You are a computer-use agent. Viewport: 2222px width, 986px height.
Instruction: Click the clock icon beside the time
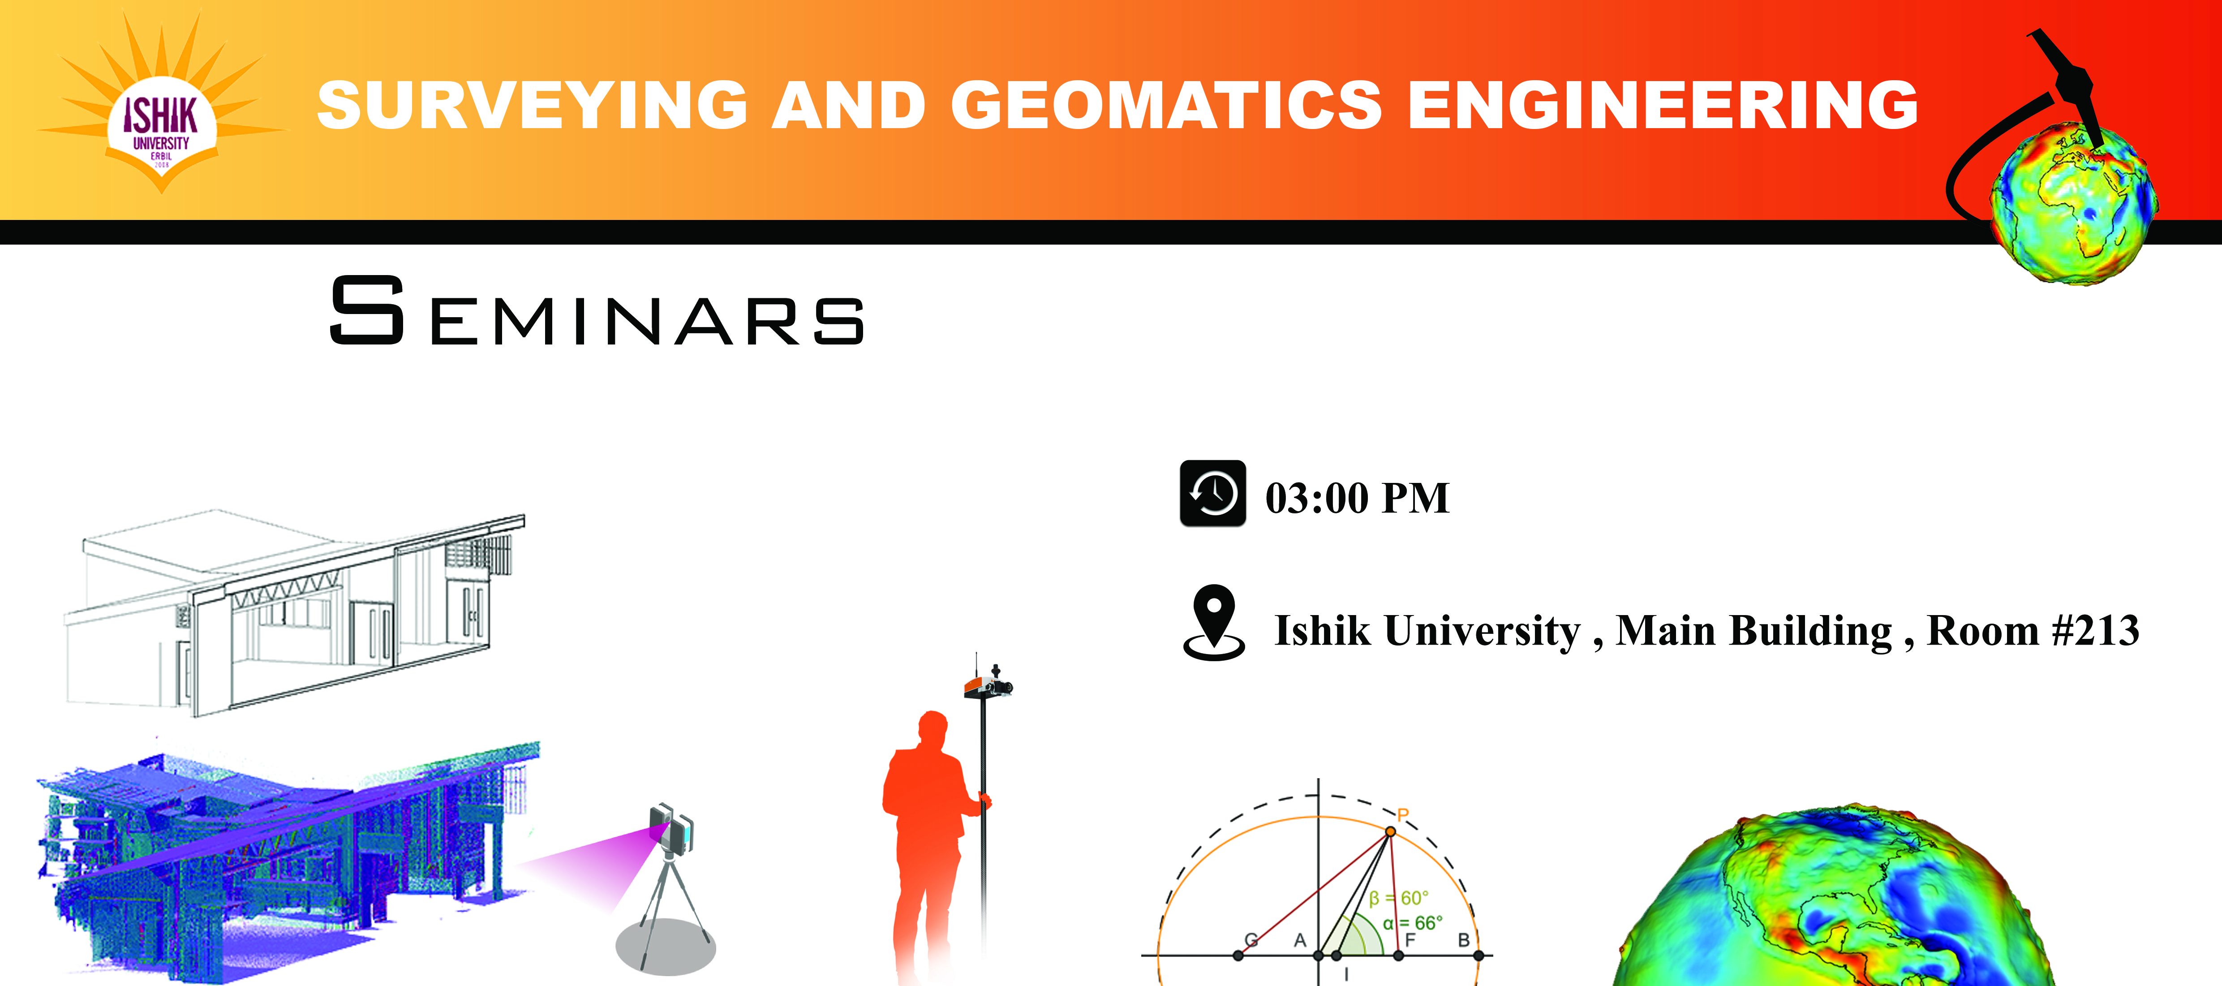(1212, 493)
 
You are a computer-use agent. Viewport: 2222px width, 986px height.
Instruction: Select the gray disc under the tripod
(665, 946)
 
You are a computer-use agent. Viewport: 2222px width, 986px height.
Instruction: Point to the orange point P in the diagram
(1390, 831)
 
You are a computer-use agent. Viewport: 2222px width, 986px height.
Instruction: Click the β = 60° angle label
(1398, 898)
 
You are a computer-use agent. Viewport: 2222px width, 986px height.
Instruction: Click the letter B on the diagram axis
(1463, 940)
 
